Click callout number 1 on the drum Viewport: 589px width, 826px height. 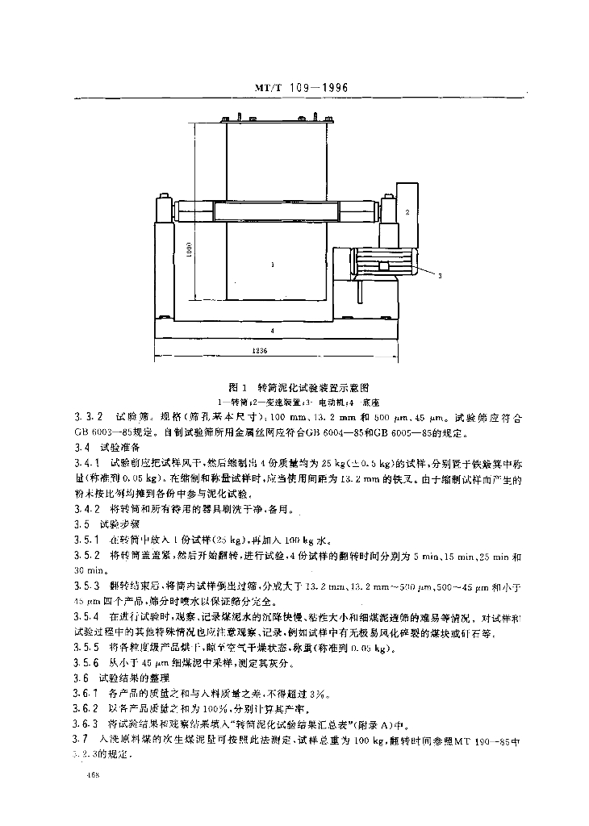pos(273,264)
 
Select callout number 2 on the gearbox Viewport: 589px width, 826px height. pos(407,211)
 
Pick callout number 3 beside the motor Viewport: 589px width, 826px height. pos(441,275)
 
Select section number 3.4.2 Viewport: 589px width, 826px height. pos(86,509)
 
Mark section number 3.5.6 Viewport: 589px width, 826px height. pos(86,663)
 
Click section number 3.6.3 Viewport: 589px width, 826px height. pos(86,724)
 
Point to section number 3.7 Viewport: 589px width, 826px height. pos(79,739)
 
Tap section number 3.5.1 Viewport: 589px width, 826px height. pos(86,540)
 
